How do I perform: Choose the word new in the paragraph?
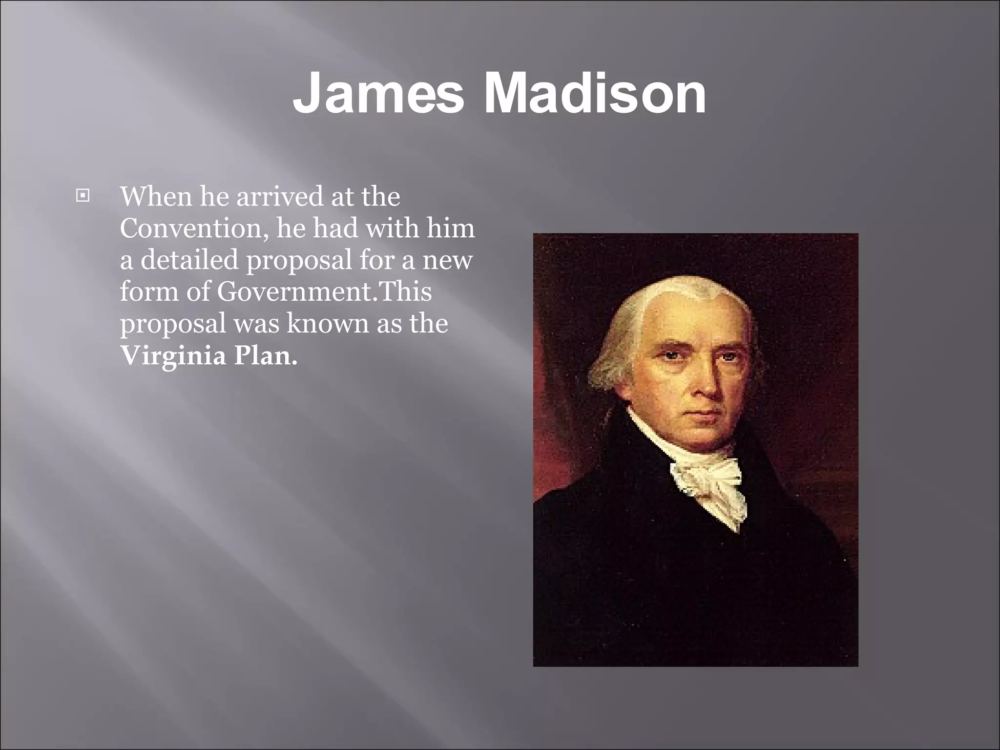click(x=447, y=260)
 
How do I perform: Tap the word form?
click(x=148, y=292)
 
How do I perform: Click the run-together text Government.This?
click(x=324, y=292)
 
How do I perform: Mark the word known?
click(x=327, y=323)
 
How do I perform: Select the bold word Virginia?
click(x=173, y=356)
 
